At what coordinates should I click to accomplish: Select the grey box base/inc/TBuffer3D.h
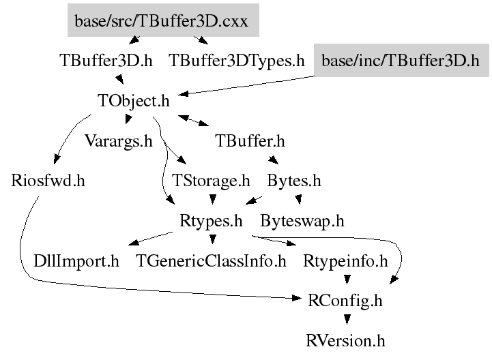[401, 60]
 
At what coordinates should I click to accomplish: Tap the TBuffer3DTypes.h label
[236, 60]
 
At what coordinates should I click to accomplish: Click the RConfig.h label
[346, 300]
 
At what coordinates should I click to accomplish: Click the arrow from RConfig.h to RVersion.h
[347, 319]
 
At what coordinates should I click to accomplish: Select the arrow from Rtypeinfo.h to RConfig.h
[347, 280]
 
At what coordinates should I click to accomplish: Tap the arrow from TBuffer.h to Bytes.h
[272, 161]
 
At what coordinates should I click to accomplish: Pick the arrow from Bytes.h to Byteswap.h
[298, 200]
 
